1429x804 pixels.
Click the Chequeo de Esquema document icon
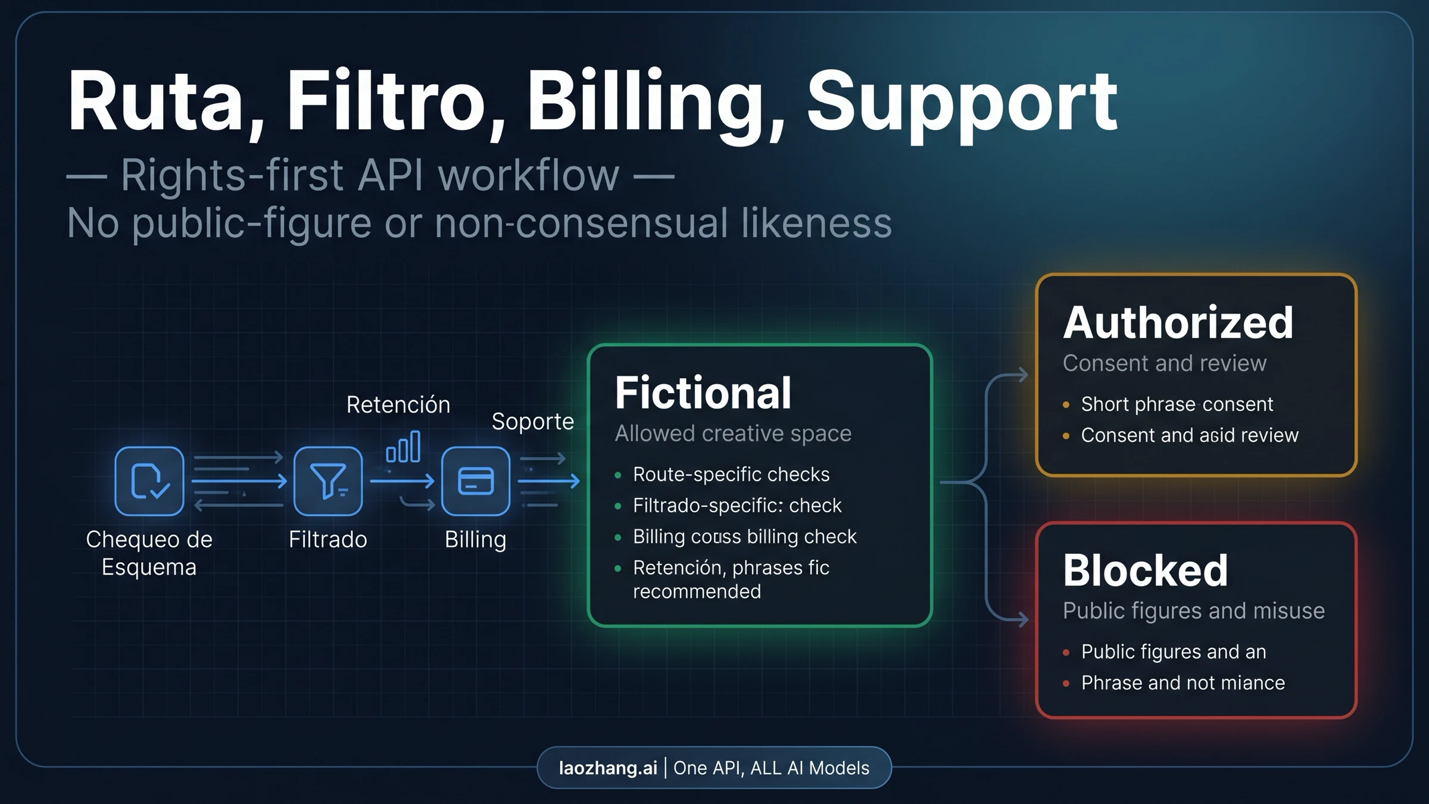click(x=149, y=481)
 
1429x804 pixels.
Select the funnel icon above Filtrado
click(x=327, y=481)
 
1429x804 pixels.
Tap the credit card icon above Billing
click(x=475, y=481)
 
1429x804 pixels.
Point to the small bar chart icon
click(x=403, y=447)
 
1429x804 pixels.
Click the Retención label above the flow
click(x=398, y=405)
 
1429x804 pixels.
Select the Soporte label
click(x=532, y=422)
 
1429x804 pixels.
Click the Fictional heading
click(x=703, y=393)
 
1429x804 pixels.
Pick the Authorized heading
click(x=1178, y=323)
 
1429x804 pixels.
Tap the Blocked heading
click(x=1145, y=571)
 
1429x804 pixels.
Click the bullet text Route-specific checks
click(x=731, y=475)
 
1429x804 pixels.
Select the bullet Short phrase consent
click(x=1177, y=404)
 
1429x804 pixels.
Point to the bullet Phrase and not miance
click(x=1182, y=683)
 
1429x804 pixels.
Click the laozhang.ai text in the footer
click(x=607, y=768)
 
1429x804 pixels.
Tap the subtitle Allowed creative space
click(x=732, y=434)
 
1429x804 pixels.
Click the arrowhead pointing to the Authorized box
click(x=1023, y=375)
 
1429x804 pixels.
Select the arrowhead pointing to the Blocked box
click(x=1023, y=619)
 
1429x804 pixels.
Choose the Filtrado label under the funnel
click(x=327, y=540)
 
